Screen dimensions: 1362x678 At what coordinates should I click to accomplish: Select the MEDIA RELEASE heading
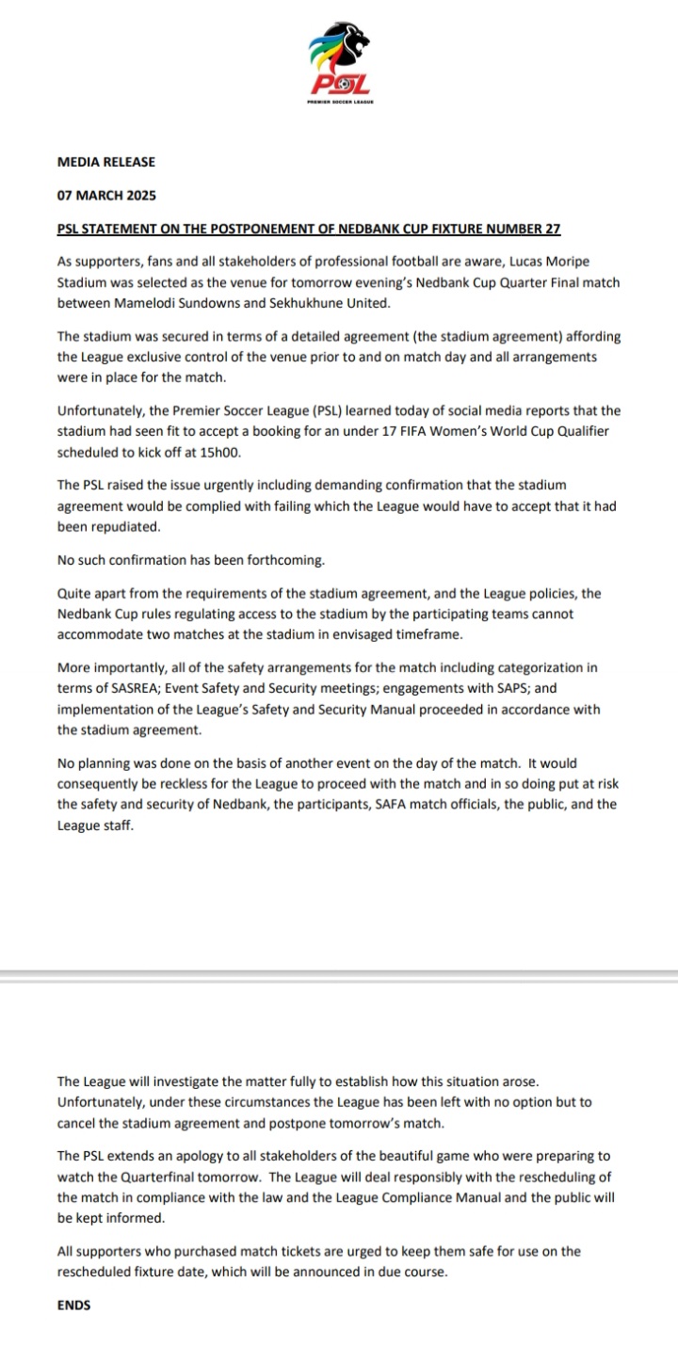tap(106, 162)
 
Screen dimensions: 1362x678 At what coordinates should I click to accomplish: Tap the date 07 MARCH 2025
tap(106, 197)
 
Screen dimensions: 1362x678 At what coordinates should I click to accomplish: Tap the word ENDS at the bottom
tap(74, 1306)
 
